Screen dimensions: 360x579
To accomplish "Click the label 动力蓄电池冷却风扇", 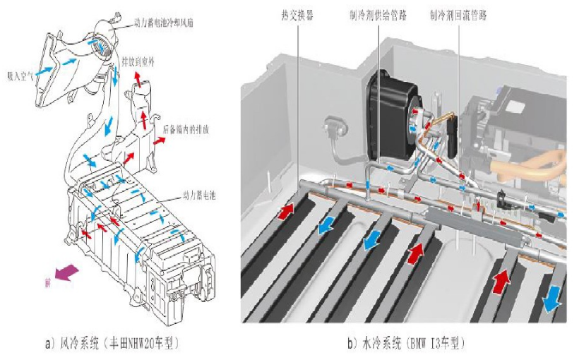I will [164, 23].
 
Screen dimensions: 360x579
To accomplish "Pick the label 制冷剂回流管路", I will [462, 13].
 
